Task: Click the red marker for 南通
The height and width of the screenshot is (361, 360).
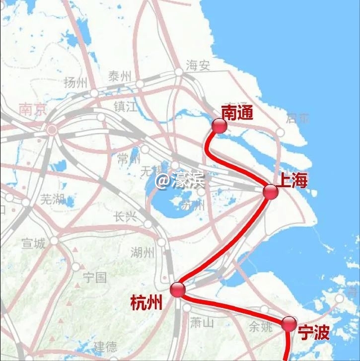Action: point(219,126)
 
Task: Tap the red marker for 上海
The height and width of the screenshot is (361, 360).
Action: point(271,192)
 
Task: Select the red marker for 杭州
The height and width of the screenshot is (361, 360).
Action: point(177,289)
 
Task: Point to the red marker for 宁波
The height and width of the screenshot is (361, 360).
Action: point(289,324)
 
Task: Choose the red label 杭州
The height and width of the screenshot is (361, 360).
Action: point(146,302)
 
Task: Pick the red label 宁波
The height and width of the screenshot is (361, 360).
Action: point(314,333)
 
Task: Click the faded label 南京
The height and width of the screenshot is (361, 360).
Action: point(33,109)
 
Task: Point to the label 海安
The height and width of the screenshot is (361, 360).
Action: point(198,65)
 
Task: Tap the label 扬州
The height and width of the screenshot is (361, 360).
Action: point(75,83)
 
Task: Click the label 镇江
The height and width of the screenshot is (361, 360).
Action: point(125,106)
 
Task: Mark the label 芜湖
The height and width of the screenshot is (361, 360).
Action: point(52,200)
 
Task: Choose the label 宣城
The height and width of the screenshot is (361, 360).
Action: point(33,243)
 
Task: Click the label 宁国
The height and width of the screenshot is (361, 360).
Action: point(95,277)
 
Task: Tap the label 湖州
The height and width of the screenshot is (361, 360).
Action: point(143,253)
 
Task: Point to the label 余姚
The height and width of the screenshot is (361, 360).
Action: point(261,327)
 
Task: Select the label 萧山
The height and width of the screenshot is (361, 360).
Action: point(202,323)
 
